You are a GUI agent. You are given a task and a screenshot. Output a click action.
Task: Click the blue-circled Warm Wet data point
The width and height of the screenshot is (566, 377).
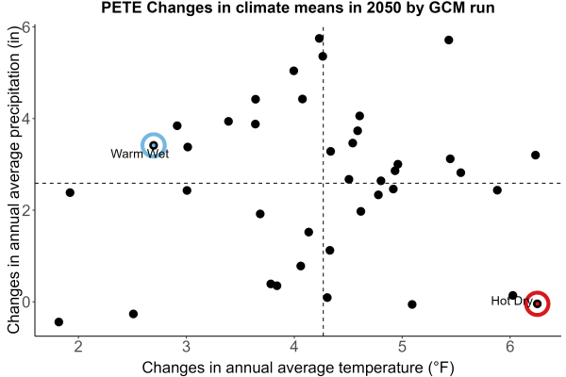coord(154,145)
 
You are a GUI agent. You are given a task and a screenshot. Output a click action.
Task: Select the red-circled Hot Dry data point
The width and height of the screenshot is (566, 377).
coord(537,303)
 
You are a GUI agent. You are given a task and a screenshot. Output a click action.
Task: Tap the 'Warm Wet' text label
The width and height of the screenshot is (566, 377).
coord(140,154)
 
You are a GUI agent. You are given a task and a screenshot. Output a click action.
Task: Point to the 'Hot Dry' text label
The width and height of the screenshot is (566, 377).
coord(510,301)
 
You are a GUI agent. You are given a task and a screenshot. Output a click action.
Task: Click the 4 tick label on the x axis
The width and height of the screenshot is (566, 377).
coord(294,347)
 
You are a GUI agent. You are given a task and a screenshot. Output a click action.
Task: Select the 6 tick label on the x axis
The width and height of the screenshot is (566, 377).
coord(509,347)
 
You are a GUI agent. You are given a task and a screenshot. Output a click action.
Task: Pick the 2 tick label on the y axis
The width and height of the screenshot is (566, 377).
coord(26,210)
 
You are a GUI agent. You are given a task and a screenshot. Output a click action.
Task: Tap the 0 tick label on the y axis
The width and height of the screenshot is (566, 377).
coord(26,302)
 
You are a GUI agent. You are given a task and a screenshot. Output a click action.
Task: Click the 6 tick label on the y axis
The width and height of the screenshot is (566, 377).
coord(26,27)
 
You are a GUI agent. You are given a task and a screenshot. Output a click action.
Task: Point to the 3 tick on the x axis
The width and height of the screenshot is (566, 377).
coord(186,338)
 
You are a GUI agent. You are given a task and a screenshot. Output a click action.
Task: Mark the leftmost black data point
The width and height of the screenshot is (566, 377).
coord(58,321)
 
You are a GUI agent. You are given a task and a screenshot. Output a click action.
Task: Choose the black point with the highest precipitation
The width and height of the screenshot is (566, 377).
coord(319,39)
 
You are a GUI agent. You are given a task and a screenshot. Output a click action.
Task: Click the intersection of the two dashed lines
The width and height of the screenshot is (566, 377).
coord(323,183)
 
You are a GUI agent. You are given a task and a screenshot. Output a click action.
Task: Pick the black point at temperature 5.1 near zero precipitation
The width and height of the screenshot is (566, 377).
coord(412,304)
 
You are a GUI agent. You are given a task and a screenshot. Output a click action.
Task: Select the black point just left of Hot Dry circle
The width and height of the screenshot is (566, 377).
coord(512,295)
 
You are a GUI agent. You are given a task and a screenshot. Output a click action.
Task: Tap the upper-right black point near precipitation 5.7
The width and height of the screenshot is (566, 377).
coord(449,40)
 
